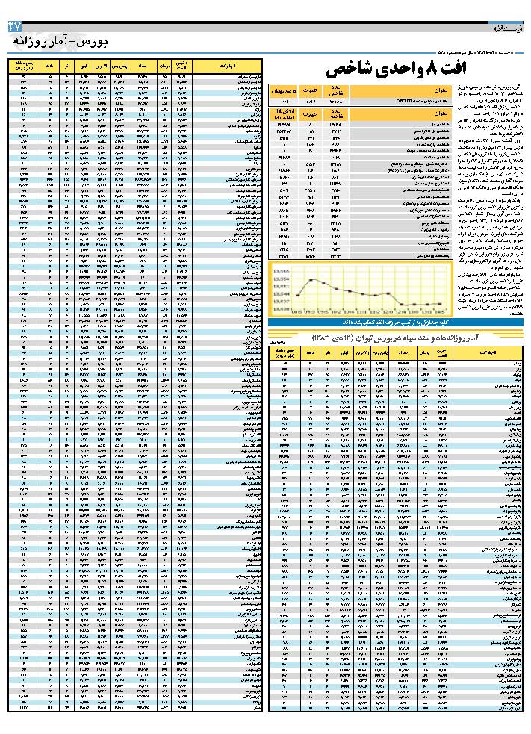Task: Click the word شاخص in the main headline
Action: click(x=351, y=71)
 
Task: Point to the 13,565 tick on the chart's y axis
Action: click(x=281, y=270)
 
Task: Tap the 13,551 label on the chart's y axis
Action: click(x=281, y=285)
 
